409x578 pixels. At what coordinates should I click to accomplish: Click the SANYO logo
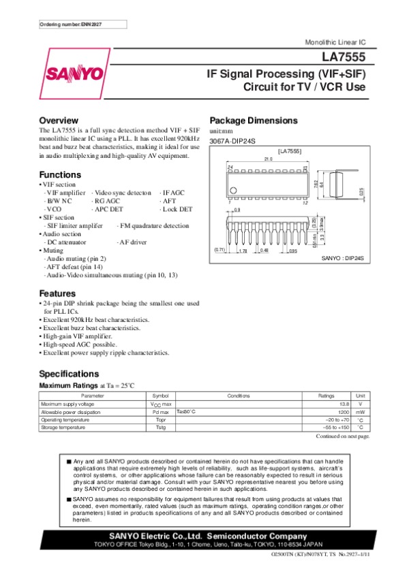[75, 73]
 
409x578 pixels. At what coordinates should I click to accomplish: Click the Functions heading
[60, 174]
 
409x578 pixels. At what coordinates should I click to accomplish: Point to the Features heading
[57, 293]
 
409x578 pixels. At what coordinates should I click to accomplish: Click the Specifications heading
[69, 374]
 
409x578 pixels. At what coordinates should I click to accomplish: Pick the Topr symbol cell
[160, 420]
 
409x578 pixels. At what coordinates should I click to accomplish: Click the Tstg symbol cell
[160, 428]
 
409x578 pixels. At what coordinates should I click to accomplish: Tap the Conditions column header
[239, 396]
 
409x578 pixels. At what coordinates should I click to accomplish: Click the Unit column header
[361, 396]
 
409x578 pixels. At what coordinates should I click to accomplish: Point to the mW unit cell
[361, 412]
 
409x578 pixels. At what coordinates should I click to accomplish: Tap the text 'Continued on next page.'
[344, 436]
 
